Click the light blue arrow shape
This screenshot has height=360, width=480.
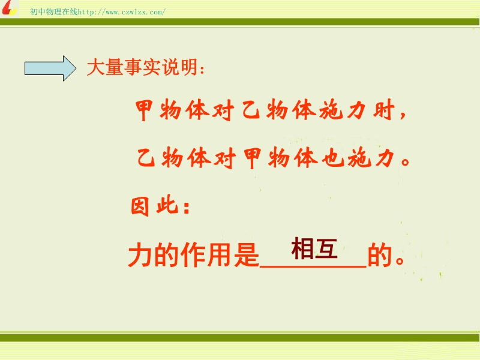pos(50,68)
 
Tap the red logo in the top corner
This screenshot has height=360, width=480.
pos(9,8)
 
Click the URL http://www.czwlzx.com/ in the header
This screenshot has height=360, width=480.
pos(122,12)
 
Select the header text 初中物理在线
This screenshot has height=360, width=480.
pos(54,12)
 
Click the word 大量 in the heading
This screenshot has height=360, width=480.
pos(105,67)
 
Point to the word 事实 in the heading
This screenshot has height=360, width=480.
pos(142,67)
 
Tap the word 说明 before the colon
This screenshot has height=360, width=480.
pos(180,67)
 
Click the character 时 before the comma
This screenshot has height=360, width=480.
pos(383,110)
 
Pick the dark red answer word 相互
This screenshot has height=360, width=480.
pos(314,248)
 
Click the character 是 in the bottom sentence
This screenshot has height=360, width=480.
pos(247,255)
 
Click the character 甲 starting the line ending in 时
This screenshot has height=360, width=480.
pos(144,110)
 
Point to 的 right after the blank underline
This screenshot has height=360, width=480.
pos(380,255)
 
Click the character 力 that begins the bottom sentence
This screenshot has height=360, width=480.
pos(140,255)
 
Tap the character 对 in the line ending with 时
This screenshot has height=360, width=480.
pos(223,110)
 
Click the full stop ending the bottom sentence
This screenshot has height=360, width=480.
pos(400,260)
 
